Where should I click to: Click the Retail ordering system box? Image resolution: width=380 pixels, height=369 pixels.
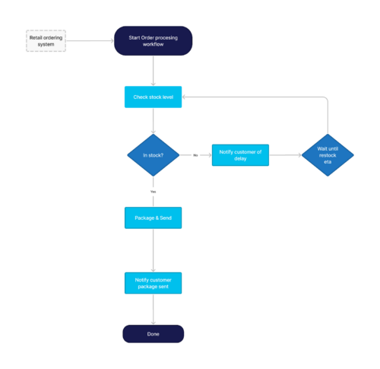click(46, 41)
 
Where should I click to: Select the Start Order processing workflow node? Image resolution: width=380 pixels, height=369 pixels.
click(154, 41)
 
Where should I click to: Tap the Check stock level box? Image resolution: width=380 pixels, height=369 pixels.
click(154, 97)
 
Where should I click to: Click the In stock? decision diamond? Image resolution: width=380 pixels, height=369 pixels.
click(154, 154)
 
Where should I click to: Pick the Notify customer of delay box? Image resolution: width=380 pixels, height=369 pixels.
click(240, 155)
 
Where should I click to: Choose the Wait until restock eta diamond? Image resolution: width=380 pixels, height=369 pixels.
click(328, 155)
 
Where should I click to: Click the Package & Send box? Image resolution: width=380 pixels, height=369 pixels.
click(154, 218)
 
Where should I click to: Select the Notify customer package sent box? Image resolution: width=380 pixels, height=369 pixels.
click(154, 283)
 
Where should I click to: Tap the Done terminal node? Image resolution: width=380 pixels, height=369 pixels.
click(154, 334)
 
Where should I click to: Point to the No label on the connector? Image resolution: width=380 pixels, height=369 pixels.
click(195, 155)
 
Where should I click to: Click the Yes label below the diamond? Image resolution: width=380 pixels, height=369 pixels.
click(154, 192)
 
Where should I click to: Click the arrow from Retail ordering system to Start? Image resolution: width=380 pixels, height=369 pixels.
click(90, 41)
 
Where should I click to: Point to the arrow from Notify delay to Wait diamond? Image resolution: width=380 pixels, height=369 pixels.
click(284, 155)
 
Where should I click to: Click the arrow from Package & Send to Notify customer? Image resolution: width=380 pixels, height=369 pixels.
click(154, 250)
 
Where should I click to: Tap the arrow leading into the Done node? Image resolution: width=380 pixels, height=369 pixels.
click(154, 310)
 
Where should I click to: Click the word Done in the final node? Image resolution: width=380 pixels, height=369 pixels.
click(154, 334)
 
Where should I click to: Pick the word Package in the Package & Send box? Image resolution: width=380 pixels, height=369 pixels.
click(145, 218)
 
